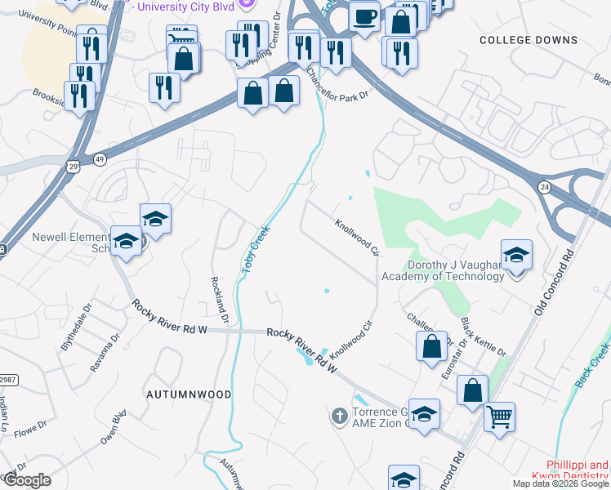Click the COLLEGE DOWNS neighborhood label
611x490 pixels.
pos(540,40)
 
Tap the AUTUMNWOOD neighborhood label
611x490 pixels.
pos(189,394)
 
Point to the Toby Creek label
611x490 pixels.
pos(254,250)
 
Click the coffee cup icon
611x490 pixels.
pos(364,16)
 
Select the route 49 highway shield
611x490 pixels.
pos(100,158)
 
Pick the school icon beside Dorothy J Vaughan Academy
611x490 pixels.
pos(516,256)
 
